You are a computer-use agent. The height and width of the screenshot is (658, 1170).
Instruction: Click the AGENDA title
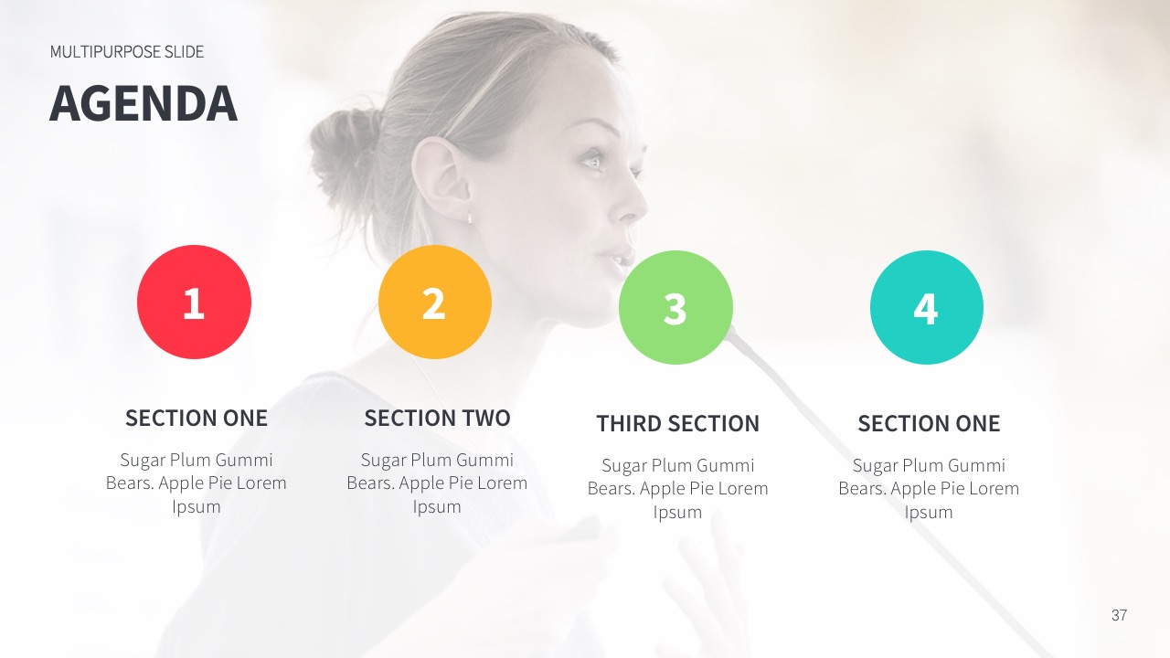point(144,103)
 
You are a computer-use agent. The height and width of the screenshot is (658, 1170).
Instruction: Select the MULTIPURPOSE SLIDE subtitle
point(127,52)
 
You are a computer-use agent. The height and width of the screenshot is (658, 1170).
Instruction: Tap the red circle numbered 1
point(194,302)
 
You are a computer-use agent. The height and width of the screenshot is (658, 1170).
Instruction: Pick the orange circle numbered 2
point(435,302)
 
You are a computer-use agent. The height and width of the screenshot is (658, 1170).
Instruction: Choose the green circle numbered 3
point(675,308)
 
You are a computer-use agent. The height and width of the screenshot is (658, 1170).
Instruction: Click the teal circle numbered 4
point(927,308)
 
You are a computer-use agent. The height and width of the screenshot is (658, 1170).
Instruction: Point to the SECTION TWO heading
point(437,419)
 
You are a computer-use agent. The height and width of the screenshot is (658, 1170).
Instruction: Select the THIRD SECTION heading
point(677,424)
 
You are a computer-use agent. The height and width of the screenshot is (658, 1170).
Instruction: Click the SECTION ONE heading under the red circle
point(197,419)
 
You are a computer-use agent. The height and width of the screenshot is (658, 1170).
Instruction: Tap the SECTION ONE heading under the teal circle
point(929,424)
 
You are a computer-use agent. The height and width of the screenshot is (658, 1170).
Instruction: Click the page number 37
point(1119,615)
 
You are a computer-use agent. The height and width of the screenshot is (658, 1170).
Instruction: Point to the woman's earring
point(470,218)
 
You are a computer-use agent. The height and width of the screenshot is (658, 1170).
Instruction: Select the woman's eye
point(592,162)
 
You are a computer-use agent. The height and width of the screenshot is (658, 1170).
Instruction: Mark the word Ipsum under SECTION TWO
point(437,507)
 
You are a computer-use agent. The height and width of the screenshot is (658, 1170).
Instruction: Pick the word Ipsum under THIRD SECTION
point(677,513)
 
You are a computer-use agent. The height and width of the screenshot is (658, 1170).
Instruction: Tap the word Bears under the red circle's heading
point(130,483)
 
